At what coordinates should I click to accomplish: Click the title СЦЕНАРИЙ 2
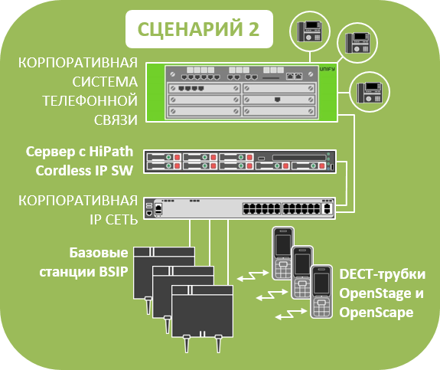coord(198,29)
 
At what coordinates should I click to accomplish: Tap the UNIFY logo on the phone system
coord(328,69)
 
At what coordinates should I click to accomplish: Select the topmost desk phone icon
coord(309,31)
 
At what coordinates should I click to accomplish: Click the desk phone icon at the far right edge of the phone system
coord(370,92)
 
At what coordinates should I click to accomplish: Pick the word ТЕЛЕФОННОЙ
coord(90,101)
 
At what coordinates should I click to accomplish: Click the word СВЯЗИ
coord(116,120)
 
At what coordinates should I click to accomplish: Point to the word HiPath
coord(111,152)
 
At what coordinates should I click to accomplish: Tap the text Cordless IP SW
coord(84,171)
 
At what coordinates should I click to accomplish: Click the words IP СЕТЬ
coord(114,220)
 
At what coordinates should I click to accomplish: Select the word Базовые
coord(99,253)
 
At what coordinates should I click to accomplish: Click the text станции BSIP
coord(83,272)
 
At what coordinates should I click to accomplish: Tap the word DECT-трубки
coord(382,274)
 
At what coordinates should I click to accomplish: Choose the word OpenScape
coord(376,313)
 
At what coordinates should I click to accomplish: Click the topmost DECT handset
coord(283,254)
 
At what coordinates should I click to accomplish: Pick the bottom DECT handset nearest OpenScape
coord(321,292)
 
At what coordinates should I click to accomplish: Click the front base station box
coord(202,311)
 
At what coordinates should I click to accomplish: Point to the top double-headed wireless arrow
coord(253,275)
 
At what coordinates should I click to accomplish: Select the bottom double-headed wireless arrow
coord(291,314)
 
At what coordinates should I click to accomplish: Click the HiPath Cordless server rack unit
coord(240,162)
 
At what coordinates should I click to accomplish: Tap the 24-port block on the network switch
coord(281,208)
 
